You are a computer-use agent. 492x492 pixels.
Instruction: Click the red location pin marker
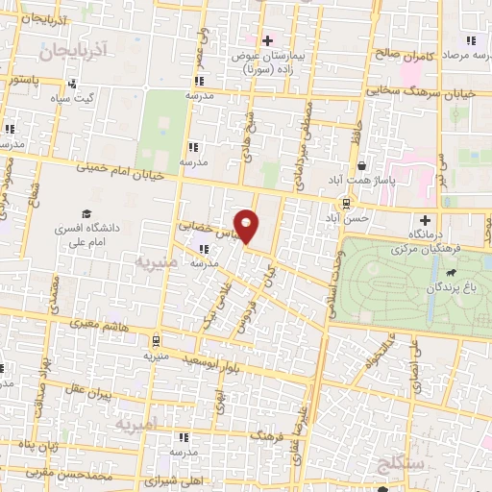click(248, 226)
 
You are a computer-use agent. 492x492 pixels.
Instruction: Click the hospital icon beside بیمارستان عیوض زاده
click(268, 40)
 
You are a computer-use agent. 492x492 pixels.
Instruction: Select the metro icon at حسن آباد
click(345, 203)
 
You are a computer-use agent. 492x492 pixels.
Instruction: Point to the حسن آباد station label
click(348, 218)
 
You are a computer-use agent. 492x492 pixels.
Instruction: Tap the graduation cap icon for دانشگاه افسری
click(86, 213)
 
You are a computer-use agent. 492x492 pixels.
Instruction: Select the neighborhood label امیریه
click(135, 424)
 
